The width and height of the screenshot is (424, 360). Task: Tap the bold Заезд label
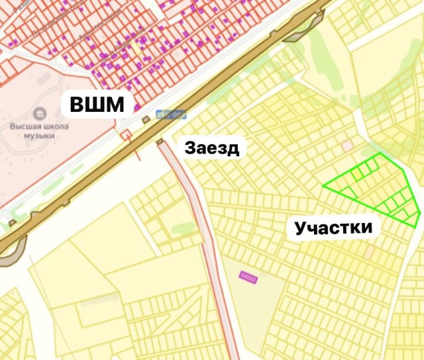[x=211, y=147]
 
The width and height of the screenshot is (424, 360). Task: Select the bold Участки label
[x=333, y=229]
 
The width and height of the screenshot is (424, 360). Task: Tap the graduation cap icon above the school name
[x=39, y=112]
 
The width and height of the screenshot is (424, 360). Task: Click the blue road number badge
[x=170, y=113]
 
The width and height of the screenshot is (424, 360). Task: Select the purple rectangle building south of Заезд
[x=248, y=277]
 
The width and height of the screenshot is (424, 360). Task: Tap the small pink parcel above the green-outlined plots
[x=347, y=144]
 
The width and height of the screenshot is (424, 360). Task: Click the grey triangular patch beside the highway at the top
[x=298, y=33]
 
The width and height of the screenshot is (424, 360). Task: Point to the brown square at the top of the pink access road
[x=160, y=142]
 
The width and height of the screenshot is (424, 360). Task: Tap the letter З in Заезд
[x=191, y=147]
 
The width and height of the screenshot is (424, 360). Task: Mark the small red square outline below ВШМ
[x=126, y=134]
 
